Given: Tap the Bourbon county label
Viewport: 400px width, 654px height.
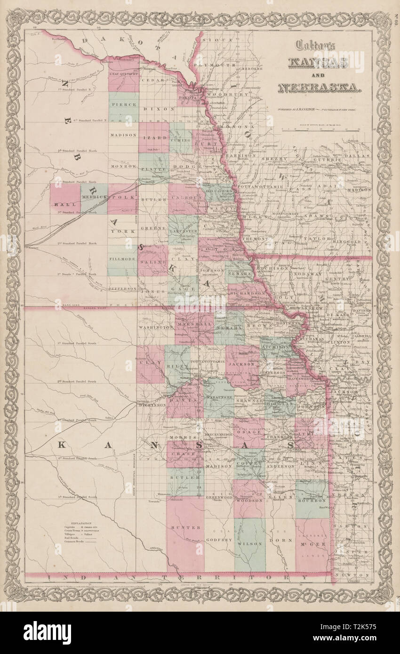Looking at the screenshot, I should pyautogui.click(x=312, y=501).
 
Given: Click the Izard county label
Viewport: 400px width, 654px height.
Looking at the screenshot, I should pyautogui.click(x=153, y=137).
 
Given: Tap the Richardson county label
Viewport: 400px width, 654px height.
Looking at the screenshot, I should pyautogui.click(x=248, y=291).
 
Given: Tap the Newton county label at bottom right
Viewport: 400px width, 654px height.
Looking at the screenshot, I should pyautogui.click(x=355, y=575).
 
